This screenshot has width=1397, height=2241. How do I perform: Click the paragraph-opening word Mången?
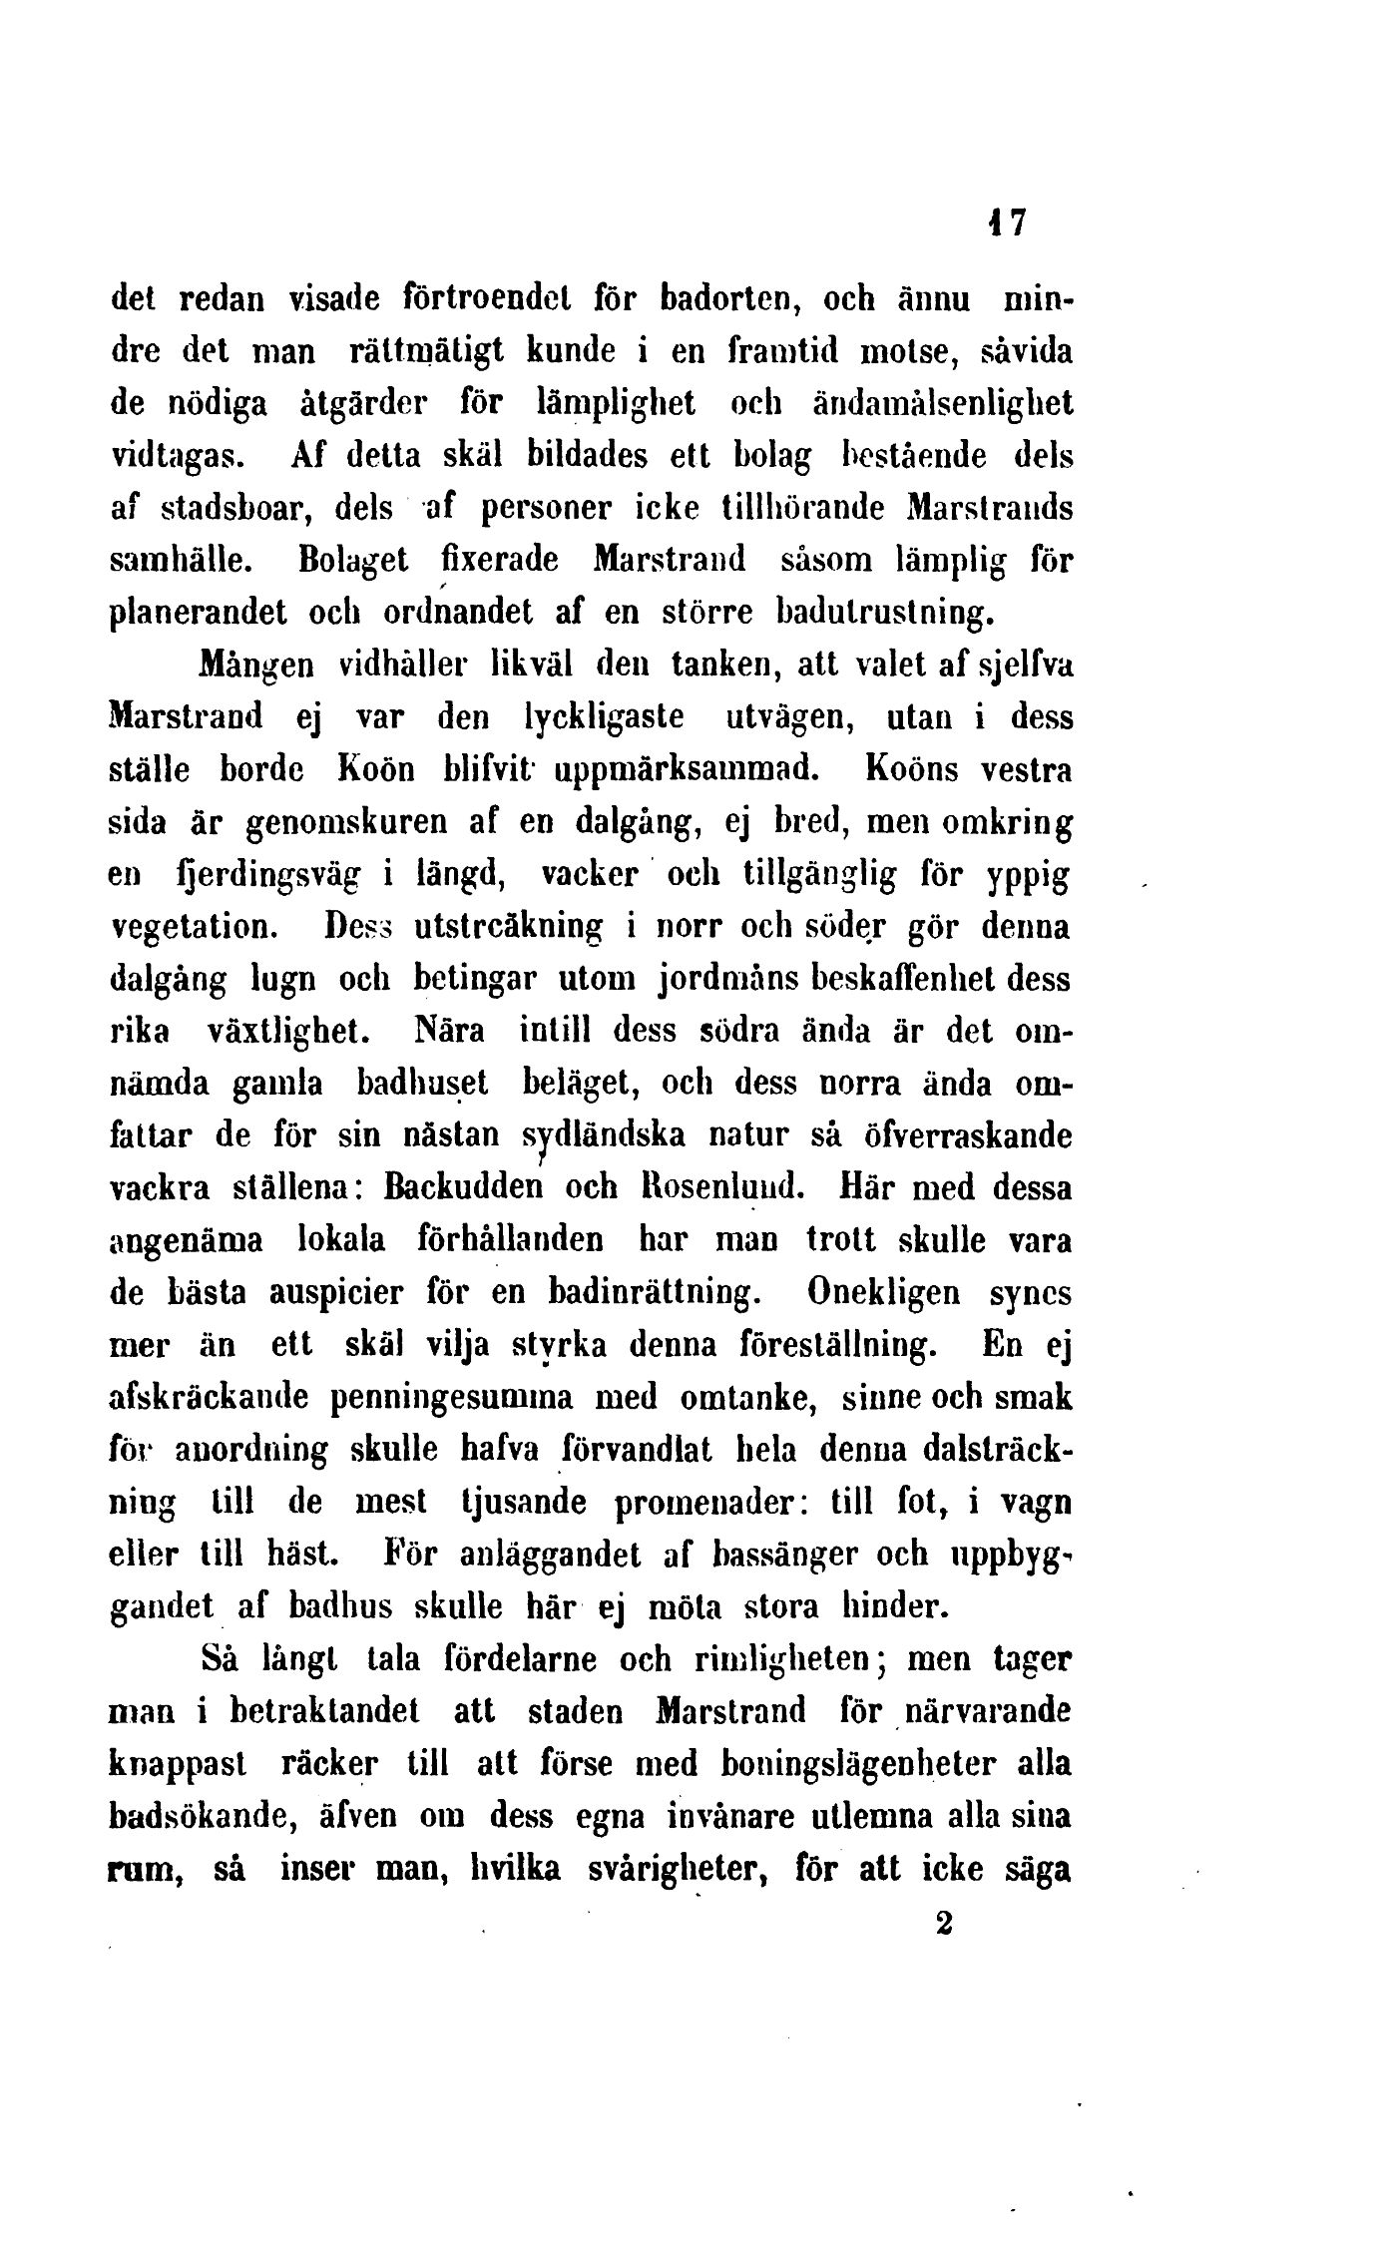pyautogui.click(x=259, y=666)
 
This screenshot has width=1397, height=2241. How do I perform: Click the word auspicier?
pyautogui.click(x=336, y=1293)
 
